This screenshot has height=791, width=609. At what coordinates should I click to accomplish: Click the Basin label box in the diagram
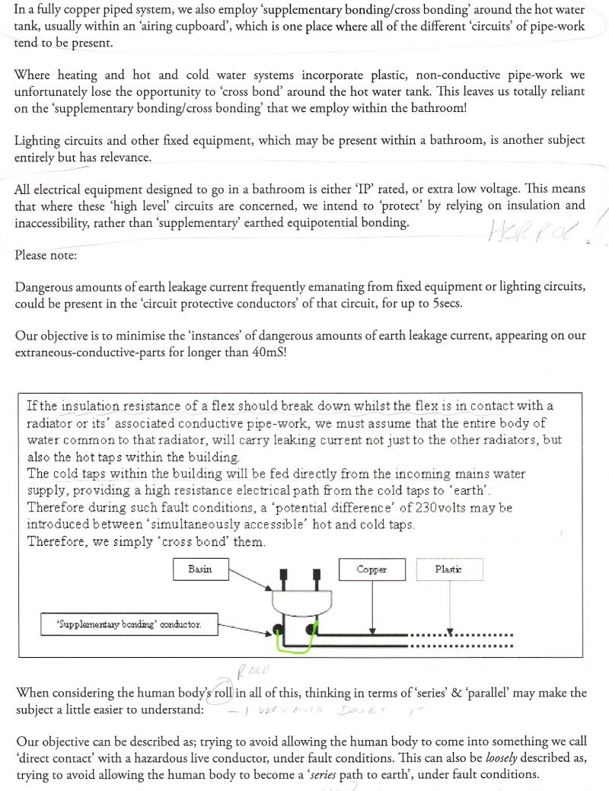click(x=199, y=569)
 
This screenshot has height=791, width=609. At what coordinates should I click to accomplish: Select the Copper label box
click(x=371, y=569)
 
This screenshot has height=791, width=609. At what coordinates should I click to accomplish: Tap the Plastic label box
click(x=448, y=569)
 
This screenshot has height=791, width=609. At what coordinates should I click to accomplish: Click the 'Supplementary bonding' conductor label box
click(x=129, y=624)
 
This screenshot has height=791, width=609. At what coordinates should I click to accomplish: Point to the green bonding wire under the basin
click(x=301, y=648)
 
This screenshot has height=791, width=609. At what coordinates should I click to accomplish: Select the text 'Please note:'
click(x=46, y=255)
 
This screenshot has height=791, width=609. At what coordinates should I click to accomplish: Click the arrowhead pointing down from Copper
click(x=371, y=630)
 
